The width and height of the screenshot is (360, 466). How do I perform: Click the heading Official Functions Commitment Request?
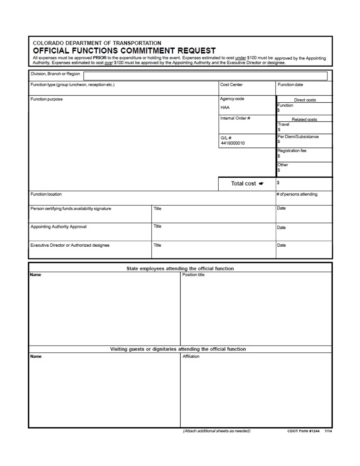pos(124,50)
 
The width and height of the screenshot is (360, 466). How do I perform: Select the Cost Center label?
pos(231,85)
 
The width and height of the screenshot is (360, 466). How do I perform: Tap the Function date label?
pos(290,85)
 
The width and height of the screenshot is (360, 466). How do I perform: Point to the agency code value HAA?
pos(225,107)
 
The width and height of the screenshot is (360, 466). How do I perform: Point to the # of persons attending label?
pos(297,194)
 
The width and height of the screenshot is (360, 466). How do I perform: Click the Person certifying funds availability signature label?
pos(70,208)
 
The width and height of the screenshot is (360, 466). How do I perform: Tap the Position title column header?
pos(193,275)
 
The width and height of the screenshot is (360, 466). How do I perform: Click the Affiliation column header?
pos(191,357)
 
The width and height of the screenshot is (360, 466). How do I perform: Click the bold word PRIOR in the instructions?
pos(100,58)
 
